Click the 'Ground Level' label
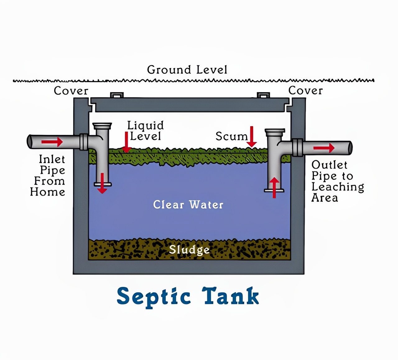[x=187, y=70]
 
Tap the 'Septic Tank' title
[x=188, y=296]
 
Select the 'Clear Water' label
[x=188, y=205]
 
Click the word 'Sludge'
[x=189, y=250]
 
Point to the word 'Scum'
[x=231, y=136]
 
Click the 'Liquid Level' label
[x=145, y=131]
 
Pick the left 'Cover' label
[x=71, y=91]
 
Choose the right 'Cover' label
[x=305, y=90]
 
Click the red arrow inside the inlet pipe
[x=52, y=142]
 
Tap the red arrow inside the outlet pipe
[x=324, y=148]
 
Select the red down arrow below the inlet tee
[x=102, y=183]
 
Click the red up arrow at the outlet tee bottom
[x=274, y=187]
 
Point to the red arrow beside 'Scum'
[x=252, y=137]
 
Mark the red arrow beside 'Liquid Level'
[x=126, y=142]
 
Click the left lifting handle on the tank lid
[x=117, y=95]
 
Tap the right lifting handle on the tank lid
[x=263, y=95]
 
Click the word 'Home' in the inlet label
[x=48, y=192]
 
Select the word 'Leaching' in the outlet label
[x=338, y=187]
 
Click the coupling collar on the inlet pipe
[x=84, y=142]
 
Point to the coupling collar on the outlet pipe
[x=297, y=147]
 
